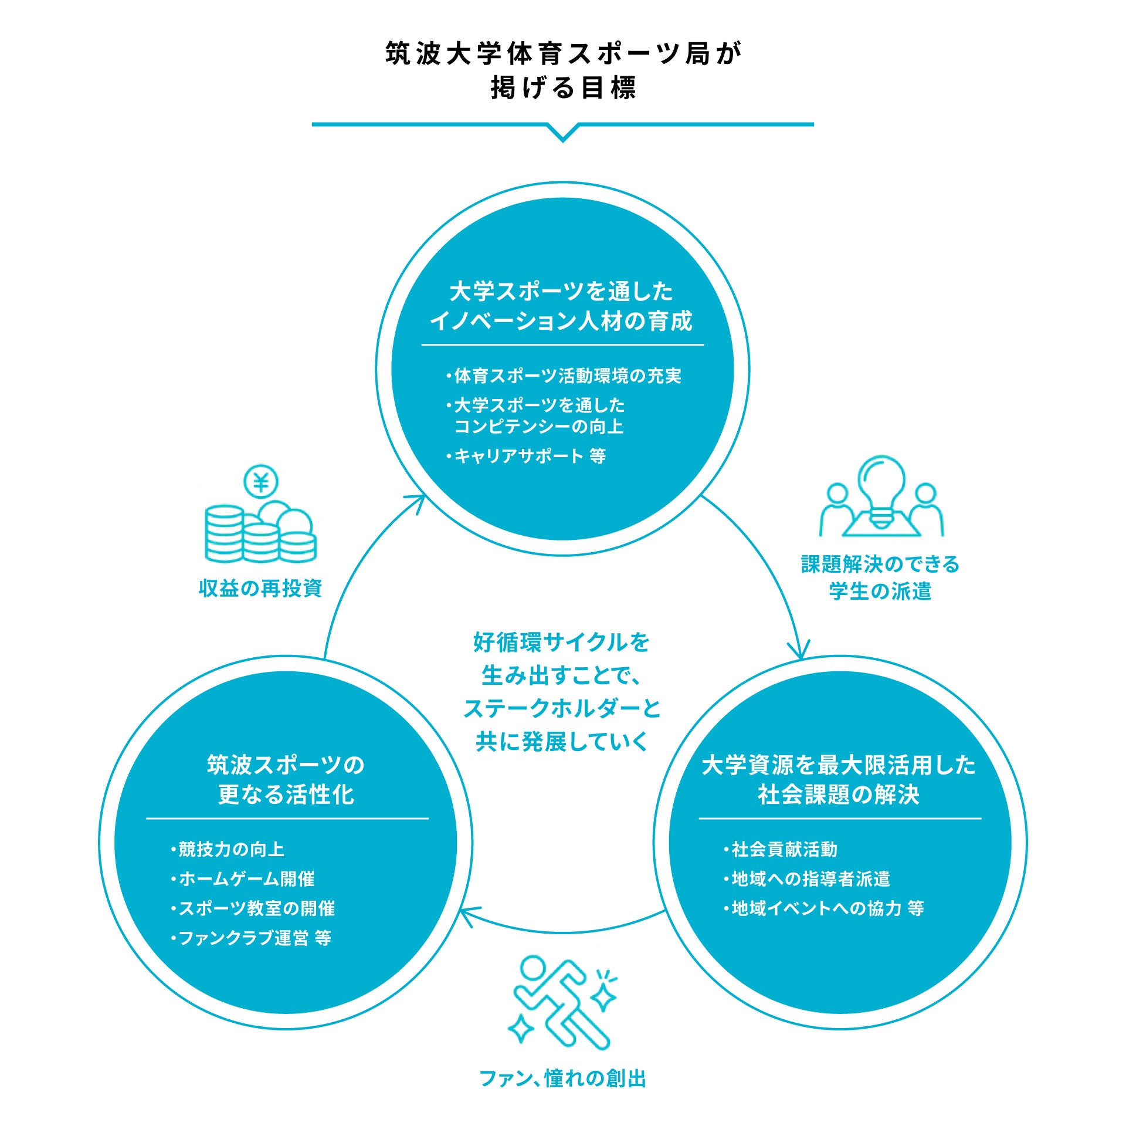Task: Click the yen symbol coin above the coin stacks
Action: [261, 483]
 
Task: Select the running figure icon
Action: [562, 1004]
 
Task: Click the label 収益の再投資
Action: [260, 588]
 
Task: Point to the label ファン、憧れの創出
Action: [562, 1079]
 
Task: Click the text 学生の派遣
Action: [880, 591]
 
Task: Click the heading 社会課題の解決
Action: [839, 795]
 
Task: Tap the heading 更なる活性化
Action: [286, 795]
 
